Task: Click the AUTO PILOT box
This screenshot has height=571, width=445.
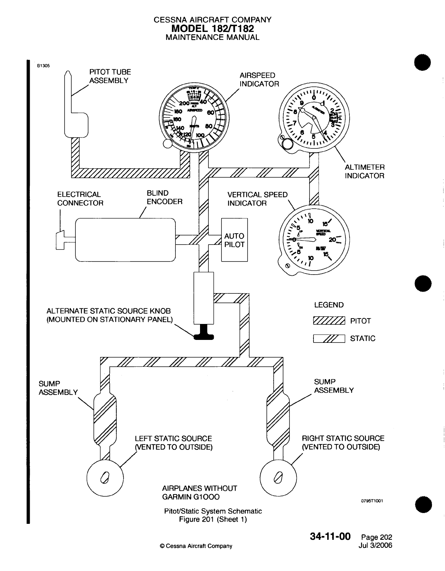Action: tap(234, 240)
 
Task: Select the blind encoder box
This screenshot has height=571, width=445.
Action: tap(125, 239)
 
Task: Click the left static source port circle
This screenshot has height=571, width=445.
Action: tap(105, 478)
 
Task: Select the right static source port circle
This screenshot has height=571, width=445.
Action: tap(278, 478)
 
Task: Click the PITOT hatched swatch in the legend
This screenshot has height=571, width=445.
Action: tap(329, 321)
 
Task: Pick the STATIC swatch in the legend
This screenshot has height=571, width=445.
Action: tap(329, 339)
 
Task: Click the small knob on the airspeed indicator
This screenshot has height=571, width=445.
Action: tap(167, 144)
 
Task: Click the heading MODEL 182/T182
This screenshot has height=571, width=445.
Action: tap(212, 28)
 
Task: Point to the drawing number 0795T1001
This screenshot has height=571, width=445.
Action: tap(372, 501)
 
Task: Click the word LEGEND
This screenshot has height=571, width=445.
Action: tap(329, 305)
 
